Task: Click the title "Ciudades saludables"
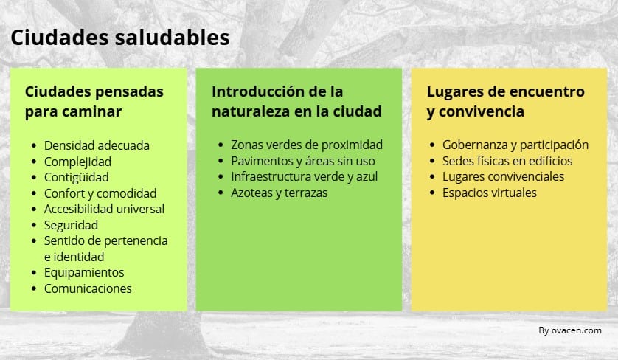coord(119,37)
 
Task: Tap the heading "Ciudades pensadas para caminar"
coord(94,102)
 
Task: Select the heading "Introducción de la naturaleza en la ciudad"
coord(296,102)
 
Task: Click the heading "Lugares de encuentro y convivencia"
coord(505,102)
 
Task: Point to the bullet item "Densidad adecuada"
coord(97,145)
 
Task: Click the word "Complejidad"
coord(77,162)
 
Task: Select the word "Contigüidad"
coord(76,177)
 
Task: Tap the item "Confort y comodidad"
coord(100,193)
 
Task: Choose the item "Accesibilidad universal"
coord(104,209)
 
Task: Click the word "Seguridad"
coord(71,225)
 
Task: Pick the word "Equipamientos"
coord(84,272)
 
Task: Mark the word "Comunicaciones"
coord(88,288)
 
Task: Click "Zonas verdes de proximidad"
coord(307,145)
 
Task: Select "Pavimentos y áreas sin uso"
coord(302,161)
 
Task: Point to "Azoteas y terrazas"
coord(279,193)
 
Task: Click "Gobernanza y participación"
coord(515,145)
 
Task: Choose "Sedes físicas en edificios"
coord(507,161)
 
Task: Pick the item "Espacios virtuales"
coord(489,193)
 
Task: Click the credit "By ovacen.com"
coord(570,330)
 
